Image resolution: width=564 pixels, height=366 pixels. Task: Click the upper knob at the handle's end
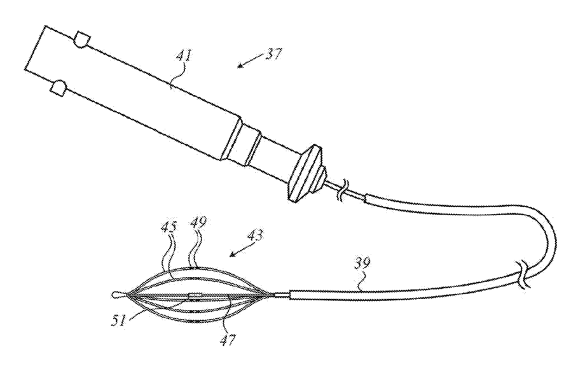coord(81,39)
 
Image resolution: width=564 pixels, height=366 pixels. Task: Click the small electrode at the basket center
coord(195,295)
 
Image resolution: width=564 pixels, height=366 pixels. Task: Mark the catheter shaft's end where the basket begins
coord(290,295)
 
